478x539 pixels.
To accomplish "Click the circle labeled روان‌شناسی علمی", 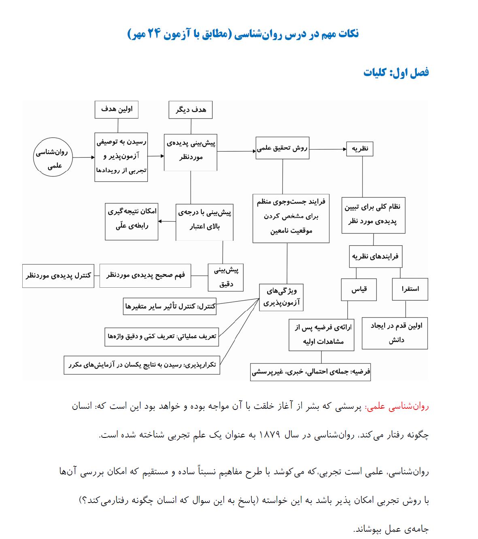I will tap(54, 157).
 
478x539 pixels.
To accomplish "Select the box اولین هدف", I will tap(117, 109).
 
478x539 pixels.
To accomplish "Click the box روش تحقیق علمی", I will tap(282, 148).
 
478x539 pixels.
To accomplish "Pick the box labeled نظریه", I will tap(360, 149).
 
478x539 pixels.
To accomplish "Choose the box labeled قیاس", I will tap(359, 289).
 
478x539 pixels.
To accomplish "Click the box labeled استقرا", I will tap(410, 289).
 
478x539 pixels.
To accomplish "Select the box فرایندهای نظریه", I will tap(375, 257).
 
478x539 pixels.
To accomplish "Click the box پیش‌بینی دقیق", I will tap(226, 277).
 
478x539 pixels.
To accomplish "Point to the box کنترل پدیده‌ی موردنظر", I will tap(58, 276).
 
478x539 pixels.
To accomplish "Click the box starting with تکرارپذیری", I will tap(142, 365).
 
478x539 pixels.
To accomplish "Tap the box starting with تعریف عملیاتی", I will tap(161, 337).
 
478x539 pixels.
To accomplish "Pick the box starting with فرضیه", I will tap(310, 372).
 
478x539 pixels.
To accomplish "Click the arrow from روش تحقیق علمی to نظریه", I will tap(328, 149).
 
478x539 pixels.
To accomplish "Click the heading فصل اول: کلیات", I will tap(396, 73).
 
